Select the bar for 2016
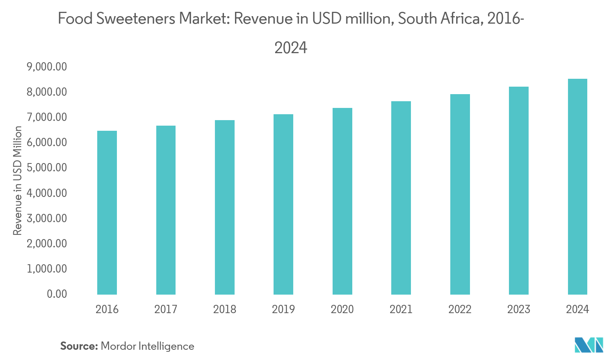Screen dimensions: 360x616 coord(107,213)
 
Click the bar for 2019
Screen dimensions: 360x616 coord(283,204)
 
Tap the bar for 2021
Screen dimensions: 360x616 coord(401,198)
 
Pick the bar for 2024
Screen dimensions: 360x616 coord(577,187)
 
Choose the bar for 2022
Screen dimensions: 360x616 coord(460,194)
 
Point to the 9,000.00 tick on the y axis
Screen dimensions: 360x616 coord(47,67)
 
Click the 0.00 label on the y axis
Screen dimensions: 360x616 coord(57,294)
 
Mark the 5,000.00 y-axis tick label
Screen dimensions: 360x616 coord(47,168)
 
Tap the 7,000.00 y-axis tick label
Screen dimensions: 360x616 coord(47,117)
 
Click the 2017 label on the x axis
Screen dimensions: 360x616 coord(166,310)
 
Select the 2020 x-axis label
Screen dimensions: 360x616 coord(342,310)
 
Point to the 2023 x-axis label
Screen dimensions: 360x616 coord(518,310)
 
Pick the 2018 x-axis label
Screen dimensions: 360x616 coord(225,310)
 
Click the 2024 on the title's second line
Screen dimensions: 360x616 coord(290,48)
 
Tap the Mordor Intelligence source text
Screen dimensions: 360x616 coord(148,347)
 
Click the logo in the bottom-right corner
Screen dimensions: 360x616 coord(594,345)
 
